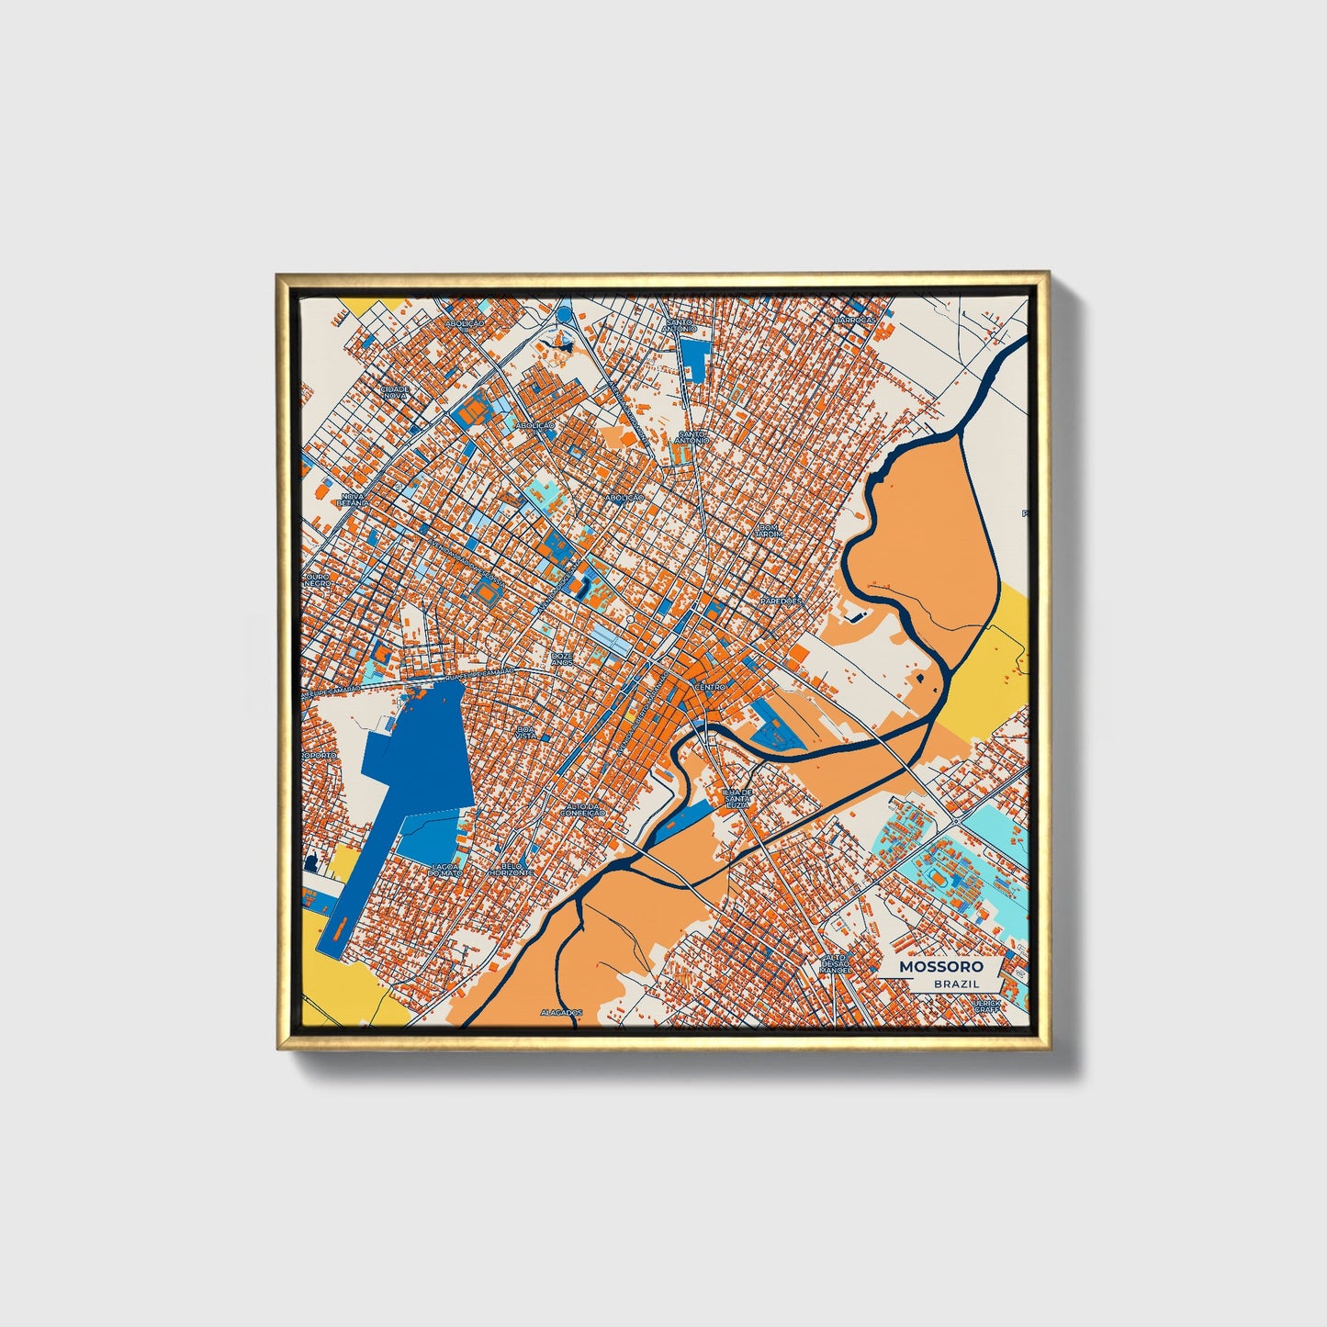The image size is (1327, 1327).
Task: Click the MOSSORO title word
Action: point(940,966)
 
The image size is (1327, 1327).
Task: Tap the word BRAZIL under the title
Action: point(955,984)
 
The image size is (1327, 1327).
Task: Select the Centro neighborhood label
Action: point(710,687)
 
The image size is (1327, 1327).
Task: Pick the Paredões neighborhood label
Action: point(782,601)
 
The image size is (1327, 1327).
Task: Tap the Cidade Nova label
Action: point(395,391)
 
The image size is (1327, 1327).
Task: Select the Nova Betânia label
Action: point(353,499)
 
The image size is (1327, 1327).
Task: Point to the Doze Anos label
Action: point(563,658)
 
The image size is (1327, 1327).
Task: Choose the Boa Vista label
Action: point(526,732)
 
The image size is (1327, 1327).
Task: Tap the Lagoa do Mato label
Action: point(446,869)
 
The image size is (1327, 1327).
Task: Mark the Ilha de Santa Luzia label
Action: point(737,796)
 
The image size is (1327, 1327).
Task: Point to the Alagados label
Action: point(562,1012)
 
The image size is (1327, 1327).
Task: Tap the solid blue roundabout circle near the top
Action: point(562,314)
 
